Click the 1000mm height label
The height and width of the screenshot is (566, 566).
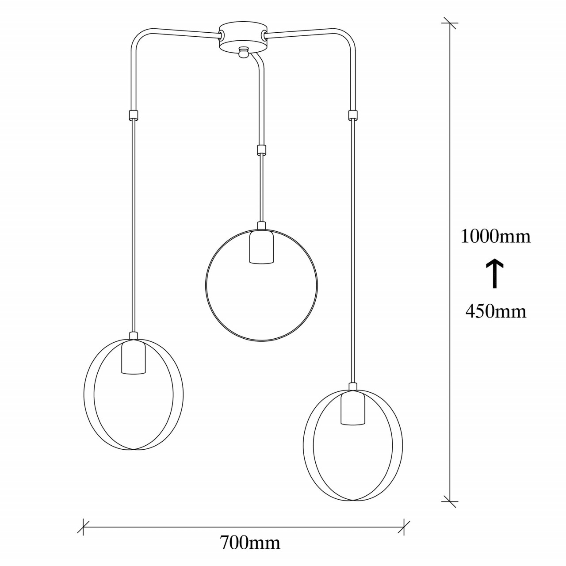(495, 237)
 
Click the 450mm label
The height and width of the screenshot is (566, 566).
(496, 312)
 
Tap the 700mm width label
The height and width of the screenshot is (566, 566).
(250, 542)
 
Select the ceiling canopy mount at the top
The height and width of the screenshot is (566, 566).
(243, 38)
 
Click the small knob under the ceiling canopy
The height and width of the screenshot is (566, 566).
(242, 53)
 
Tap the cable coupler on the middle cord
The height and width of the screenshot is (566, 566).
(262, 150)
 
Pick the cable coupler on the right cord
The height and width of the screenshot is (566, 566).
(352, 115)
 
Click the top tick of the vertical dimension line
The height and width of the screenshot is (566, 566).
(450, 23)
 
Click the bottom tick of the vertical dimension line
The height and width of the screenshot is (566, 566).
(450, 501)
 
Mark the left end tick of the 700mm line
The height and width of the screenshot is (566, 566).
(83, 527)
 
